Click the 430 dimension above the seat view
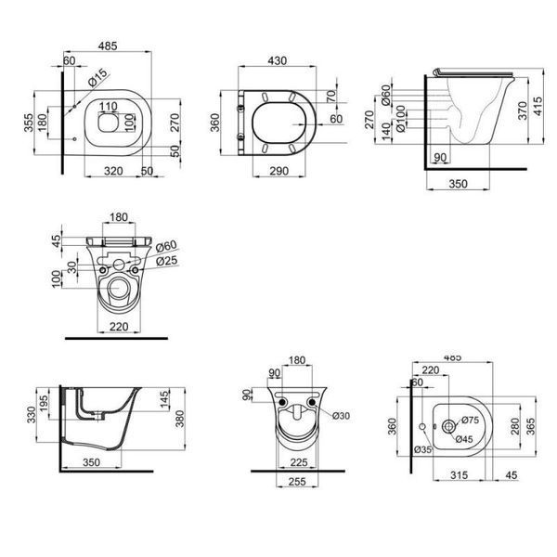tap(277, 60)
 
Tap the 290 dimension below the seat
tap(278, 171)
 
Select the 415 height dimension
tap(538, 106)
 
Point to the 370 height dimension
tap(523, 110)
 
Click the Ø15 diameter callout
tap(97, 78)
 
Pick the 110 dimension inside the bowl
tap(108, 106)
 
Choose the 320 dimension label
tap(113, 171)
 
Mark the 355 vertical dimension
tap(29, 123)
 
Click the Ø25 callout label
tap(166, 261)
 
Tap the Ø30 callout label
tap(341, 416)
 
